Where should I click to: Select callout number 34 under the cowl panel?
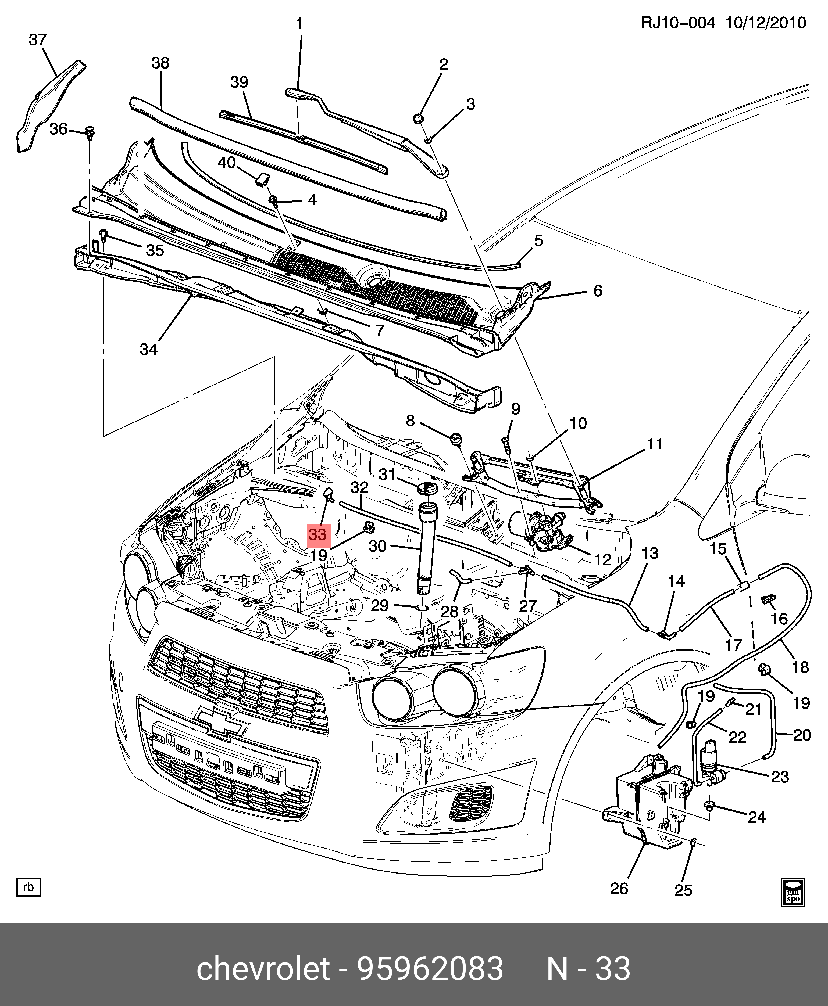(x=148, y=350)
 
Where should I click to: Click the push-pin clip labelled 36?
(x=90, y=131)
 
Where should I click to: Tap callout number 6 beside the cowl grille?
(x=598, y=291)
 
